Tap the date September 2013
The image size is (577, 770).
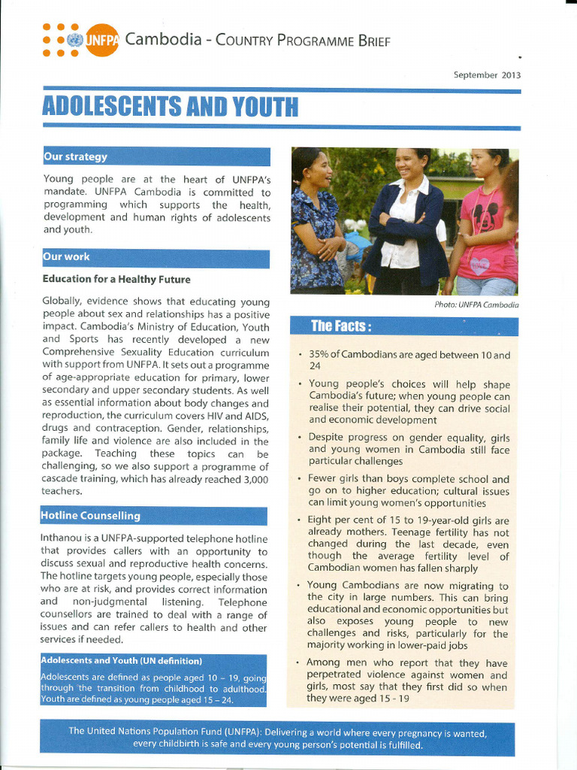[487, 74]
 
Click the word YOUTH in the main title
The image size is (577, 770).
[264, 108]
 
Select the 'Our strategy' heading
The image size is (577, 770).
[75, 156]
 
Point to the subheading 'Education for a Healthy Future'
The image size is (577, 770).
[116, 280]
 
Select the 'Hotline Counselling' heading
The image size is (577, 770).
[90, 516]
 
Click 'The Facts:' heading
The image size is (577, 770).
[341, 326]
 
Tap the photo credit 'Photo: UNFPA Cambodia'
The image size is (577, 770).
[476, 305]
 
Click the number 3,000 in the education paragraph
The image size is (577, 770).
[251, 479]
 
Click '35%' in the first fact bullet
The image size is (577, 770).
[319, 355]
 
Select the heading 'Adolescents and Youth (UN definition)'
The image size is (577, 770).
[121, 661]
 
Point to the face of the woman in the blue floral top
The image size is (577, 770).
[319, 170]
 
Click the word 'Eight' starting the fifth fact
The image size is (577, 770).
[320, 520]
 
